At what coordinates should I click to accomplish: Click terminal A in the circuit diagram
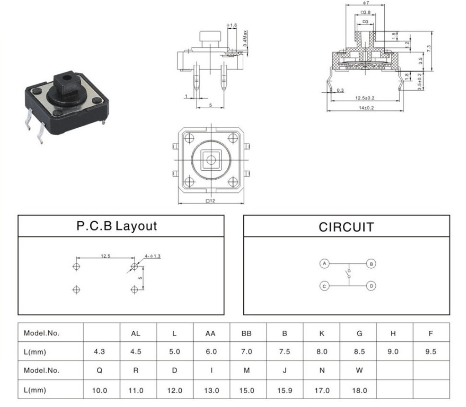point(324,264)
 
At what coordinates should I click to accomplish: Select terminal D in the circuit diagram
point(371,286)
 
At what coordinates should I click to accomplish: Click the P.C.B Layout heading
point(116,226)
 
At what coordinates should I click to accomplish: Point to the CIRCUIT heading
point(346,227)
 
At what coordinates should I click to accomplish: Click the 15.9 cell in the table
point(284,391)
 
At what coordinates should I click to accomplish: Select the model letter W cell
point(359,370)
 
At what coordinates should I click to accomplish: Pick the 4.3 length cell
point(99,352)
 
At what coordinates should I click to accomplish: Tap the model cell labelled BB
point(246,334)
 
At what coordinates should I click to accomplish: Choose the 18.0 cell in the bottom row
point(359,391)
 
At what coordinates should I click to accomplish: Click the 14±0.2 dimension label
point(366,108)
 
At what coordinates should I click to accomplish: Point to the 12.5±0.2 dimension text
point(365,98)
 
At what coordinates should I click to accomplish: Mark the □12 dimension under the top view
point(210,201)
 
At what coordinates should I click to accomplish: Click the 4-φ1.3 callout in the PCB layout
point(153,256)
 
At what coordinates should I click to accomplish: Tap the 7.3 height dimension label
point(429,49)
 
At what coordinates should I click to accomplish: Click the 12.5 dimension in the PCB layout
point(105,256)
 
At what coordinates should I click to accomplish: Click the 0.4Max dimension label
point(245,38)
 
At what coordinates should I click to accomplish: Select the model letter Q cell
point(99,370)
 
